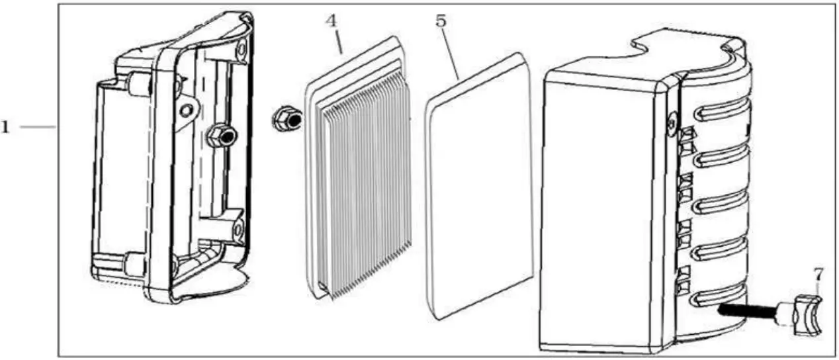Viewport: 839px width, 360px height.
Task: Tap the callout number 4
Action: [x=331, y=21]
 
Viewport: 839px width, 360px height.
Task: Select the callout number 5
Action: [x=441, y=21]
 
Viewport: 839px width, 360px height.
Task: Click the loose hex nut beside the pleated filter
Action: [x=286, y=119]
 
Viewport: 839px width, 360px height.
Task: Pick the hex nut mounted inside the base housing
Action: [x=220, y=136]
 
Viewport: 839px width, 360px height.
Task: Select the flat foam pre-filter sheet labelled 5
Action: [x=479, y=185]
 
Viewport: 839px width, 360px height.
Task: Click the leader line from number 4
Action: [x=337, y=40]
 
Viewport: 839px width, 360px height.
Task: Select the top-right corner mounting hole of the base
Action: [x=242, y=48]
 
